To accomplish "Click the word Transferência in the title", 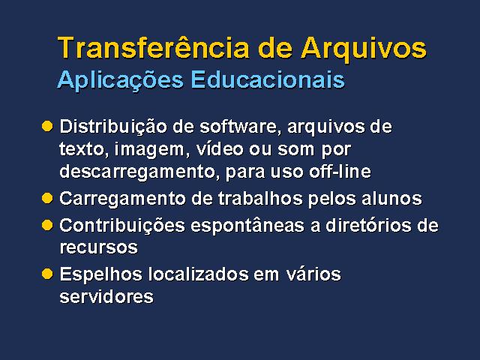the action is click(153, 47).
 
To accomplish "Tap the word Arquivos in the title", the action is click(364, 49).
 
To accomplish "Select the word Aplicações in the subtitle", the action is click(120, 80).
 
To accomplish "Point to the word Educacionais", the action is click(268, 79).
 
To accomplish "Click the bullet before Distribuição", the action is click(47, 126).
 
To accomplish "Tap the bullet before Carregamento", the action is click(47, 198).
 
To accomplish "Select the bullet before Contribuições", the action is click(47, 225).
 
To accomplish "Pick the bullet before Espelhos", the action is click(47, 274).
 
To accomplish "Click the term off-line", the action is click(340, 171).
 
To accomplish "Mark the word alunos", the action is click(391, 198).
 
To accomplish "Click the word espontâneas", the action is click(247, 226).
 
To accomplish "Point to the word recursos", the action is click(98, 247).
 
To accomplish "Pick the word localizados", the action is click(198, 274).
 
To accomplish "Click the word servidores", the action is click(106, 296).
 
